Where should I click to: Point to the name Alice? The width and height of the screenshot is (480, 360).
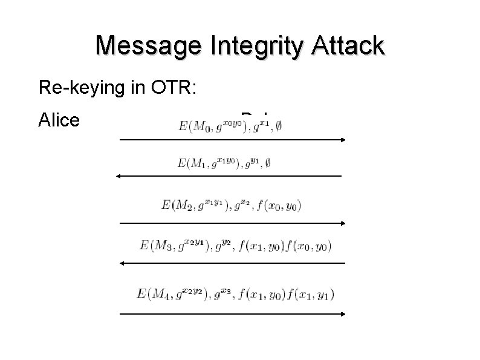pyautogui.click(x=59, y=120)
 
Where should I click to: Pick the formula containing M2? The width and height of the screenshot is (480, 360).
pyautogui.click(x=232, y=205)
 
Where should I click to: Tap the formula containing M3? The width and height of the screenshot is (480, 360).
pyautogui.click(x=235, y=246)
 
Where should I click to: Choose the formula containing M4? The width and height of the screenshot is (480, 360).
pyautogui.click(x=235, y=295)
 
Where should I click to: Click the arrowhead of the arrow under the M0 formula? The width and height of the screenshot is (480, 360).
pyautogui.click(x=342, y=140)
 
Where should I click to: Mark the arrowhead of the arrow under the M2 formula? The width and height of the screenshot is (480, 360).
pyautogui.click(x=342, y=223)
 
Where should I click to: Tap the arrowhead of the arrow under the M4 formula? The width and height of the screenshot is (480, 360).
pyautogui.click(x=342, y=314)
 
